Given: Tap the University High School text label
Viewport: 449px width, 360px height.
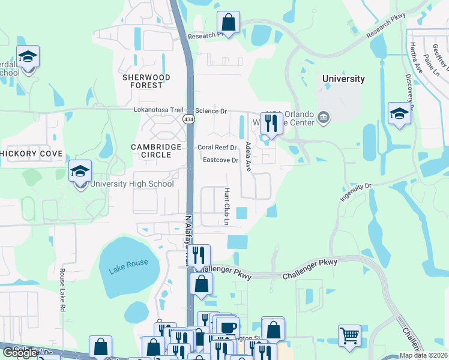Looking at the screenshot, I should pyautogui.click(x=133, y=184).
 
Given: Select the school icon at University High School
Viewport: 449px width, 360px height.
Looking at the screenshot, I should pyautogui.click(x=80, y=172).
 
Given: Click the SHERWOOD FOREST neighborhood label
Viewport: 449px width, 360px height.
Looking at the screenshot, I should pyautogui.click(x=146, y=82).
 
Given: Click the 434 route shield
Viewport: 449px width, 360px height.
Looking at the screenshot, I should pyautogui.click(x=189, y=119).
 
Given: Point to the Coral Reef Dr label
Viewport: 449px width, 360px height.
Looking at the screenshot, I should pyautogui.click(x=217, y=148).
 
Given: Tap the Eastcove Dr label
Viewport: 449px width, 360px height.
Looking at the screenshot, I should pyautogui.click(x=220, y=160).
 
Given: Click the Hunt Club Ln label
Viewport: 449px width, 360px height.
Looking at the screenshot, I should pyautogui.click(x=227, y=206).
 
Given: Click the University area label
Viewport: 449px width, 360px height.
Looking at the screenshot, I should pyautogui.click(x=343, y=79).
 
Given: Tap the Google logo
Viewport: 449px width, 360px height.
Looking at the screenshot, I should pyautogui.click(x=20, y=353).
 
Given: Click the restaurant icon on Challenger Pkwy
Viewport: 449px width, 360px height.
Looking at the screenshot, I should pyautogui.click(x=199, y=256).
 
